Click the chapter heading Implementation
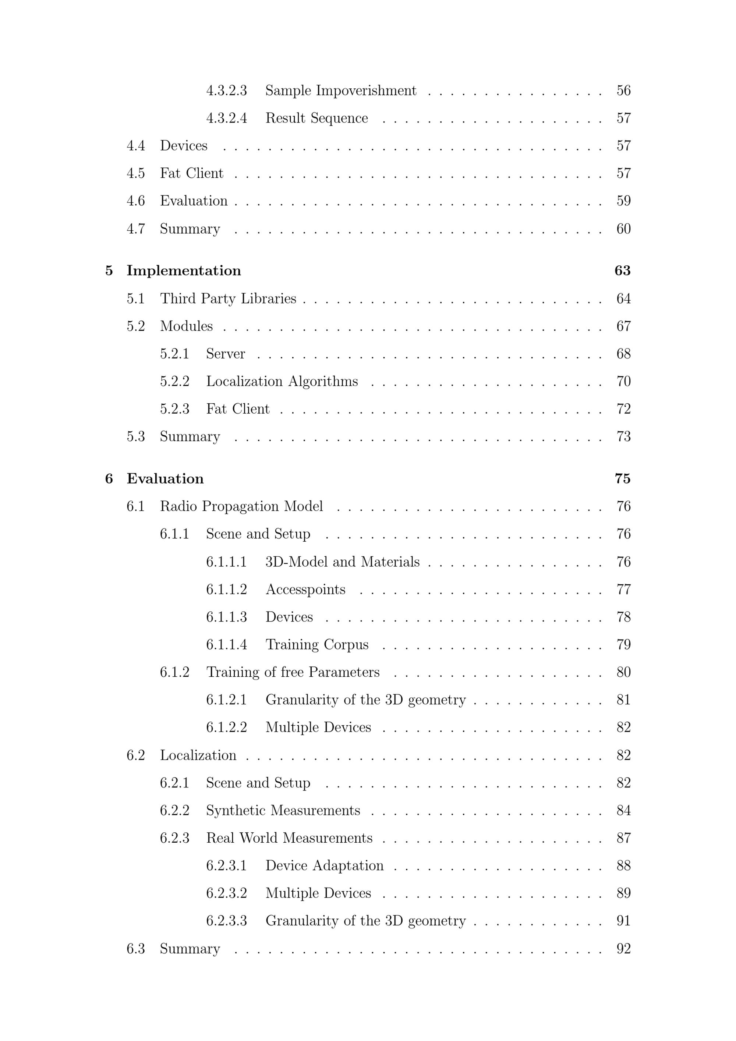[x=184, y=271]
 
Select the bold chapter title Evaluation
[x=165, y=479]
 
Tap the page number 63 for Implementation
[x=622, y=271]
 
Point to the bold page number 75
[x=622, y=479]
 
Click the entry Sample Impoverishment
[x=340, y=91]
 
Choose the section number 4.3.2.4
[x=226, y=118]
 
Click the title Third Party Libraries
[x=228, y=299]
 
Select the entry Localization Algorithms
[x=282, y=381]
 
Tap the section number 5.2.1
[x=174, y=354]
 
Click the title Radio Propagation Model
[x=241, y=506]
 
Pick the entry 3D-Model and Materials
[x=342, y=562]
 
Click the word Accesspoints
[x=305, y=589]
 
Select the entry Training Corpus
[x=317, y=645]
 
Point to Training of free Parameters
[x=293, y=672]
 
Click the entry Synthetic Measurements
[x=283, y=811]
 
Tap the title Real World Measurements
[x=289, y=838]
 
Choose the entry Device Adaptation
[x=324, y=866]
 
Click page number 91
[x=623, y=921]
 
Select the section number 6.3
[x=135, y=949]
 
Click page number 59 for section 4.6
[x=623, y=201]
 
